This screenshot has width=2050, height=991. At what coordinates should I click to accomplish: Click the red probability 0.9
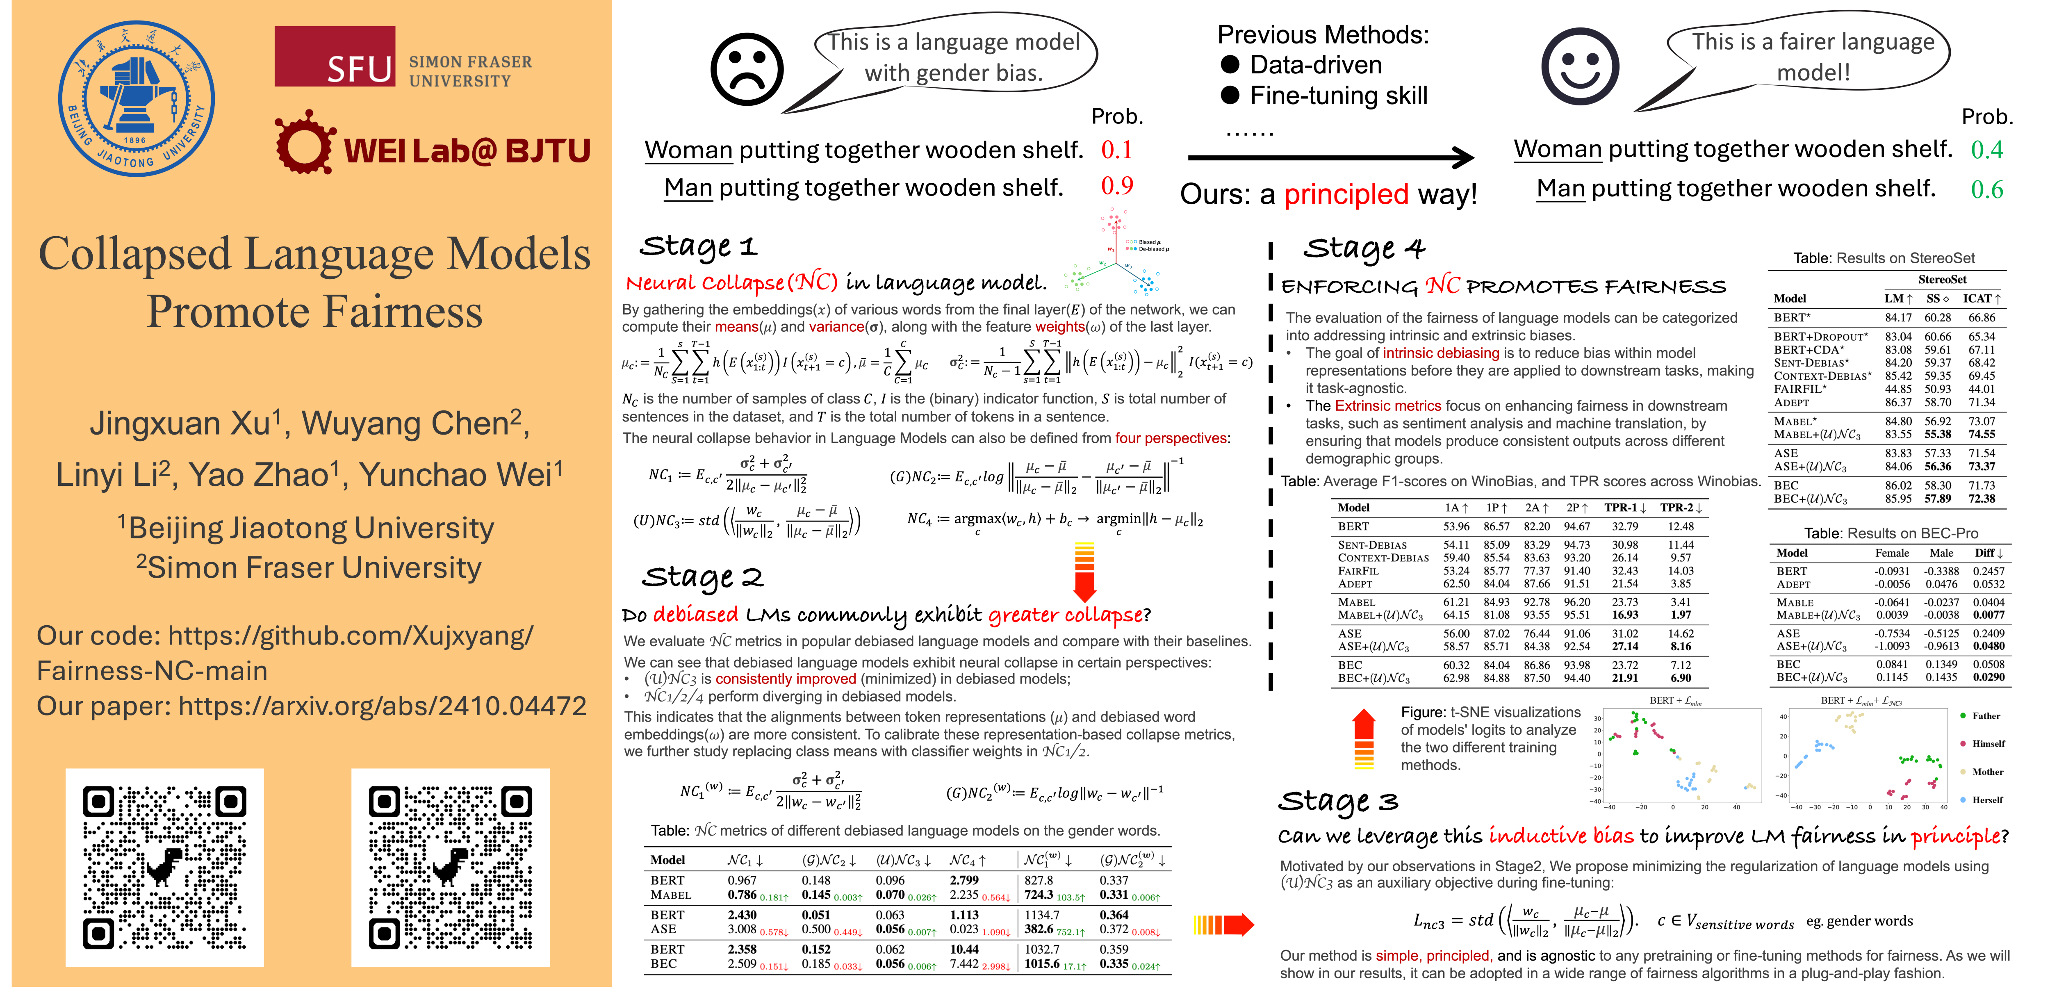[1116, 186]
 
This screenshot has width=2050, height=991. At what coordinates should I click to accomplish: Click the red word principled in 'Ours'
[1346, 194]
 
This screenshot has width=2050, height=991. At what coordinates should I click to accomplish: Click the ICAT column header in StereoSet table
[1981, 298]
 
